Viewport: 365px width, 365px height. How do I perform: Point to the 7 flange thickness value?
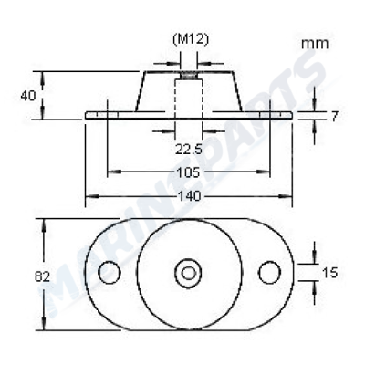[x=335, y=116]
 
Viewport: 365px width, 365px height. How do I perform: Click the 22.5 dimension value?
[x=189, y=149]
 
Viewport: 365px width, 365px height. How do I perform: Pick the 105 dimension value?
[x=189, y=172]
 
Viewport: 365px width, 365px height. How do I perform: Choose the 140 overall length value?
[x=189, y=196]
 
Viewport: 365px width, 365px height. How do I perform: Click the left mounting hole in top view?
[x=109, y=272]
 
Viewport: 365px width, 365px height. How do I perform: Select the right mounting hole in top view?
[x=268, y=272]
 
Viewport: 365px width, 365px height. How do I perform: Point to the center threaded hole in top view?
[x=189, y=272]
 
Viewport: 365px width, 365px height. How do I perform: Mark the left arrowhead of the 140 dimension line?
[x=89, y=196]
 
